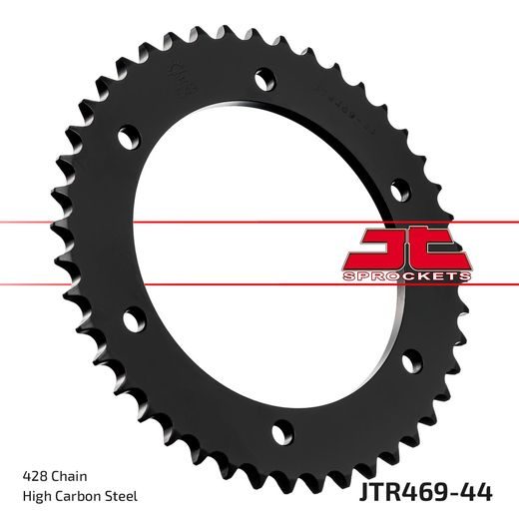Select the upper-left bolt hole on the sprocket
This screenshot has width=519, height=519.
[x=126, y=132]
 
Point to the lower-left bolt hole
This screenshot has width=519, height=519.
[x=129, y=319]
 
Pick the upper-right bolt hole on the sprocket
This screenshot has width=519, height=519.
[x=397, y=186]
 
